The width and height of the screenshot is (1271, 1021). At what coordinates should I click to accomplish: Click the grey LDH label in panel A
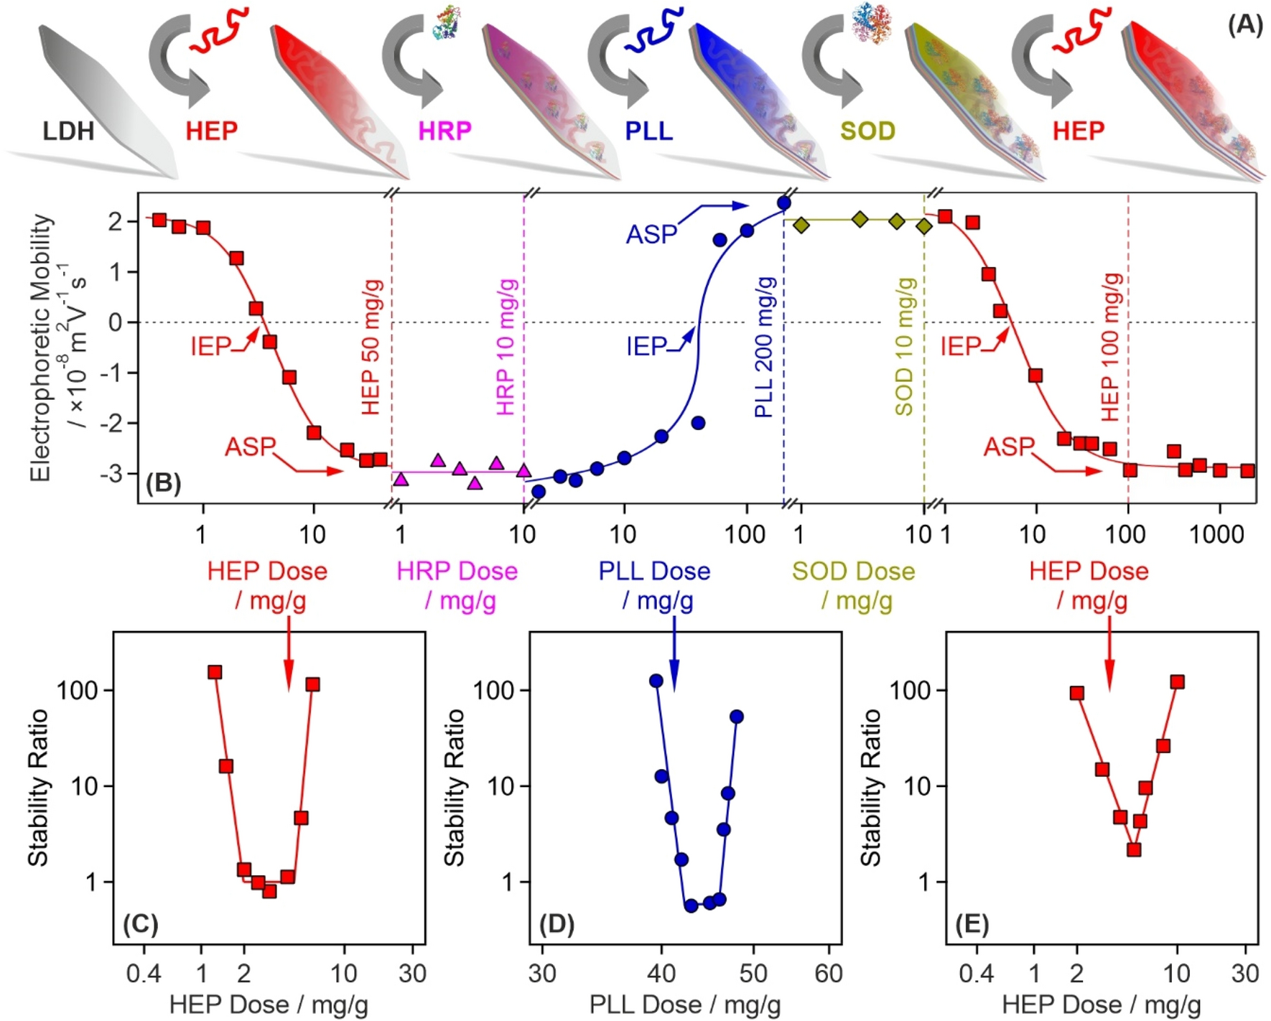coord(68,131)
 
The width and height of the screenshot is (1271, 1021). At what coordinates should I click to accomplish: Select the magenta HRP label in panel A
coord(444,131)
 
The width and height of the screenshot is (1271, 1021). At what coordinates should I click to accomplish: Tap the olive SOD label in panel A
coord(867,131)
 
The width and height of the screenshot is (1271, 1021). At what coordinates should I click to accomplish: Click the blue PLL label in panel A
coord(648,131)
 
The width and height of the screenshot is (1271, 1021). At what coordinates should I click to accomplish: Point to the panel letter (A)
coord(1244,25)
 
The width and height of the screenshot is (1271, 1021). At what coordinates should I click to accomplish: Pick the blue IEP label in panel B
coord(647,347)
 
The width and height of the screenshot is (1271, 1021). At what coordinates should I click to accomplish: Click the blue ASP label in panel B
coord(651,234)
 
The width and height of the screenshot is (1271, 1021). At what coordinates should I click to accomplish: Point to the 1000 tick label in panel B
coord(1216,534)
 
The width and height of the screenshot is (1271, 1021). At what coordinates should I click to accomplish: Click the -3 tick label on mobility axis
coord(115,474)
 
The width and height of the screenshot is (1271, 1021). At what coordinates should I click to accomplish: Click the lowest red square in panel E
coord(1134,849)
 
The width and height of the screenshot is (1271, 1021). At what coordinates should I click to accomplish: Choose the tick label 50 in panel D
coord(753,974)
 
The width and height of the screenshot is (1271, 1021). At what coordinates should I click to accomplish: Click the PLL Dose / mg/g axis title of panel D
coord(684,1004)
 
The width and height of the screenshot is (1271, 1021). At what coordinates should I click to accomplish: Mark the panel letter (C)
coord(140,923)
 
